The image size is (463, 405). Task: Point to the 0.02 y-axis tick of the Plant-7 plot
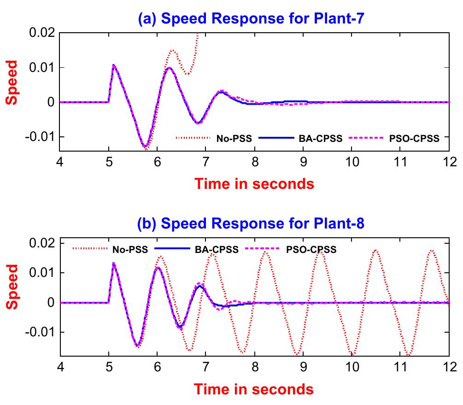[x=41, y=33]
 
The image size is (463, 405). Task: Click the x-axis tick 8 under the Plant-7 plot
[x=254, y=161]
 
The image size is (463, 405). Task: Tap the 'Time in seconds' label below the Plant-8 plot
[x=254, y=389]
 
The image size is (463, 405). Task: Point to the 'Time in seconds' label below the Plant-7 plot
[x=254, y=184]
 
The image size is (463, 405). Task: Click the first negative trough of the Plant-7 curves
[x=146, y=147]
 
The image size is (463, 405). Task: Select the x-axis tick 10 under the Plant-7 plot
[x=352, y=161]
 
